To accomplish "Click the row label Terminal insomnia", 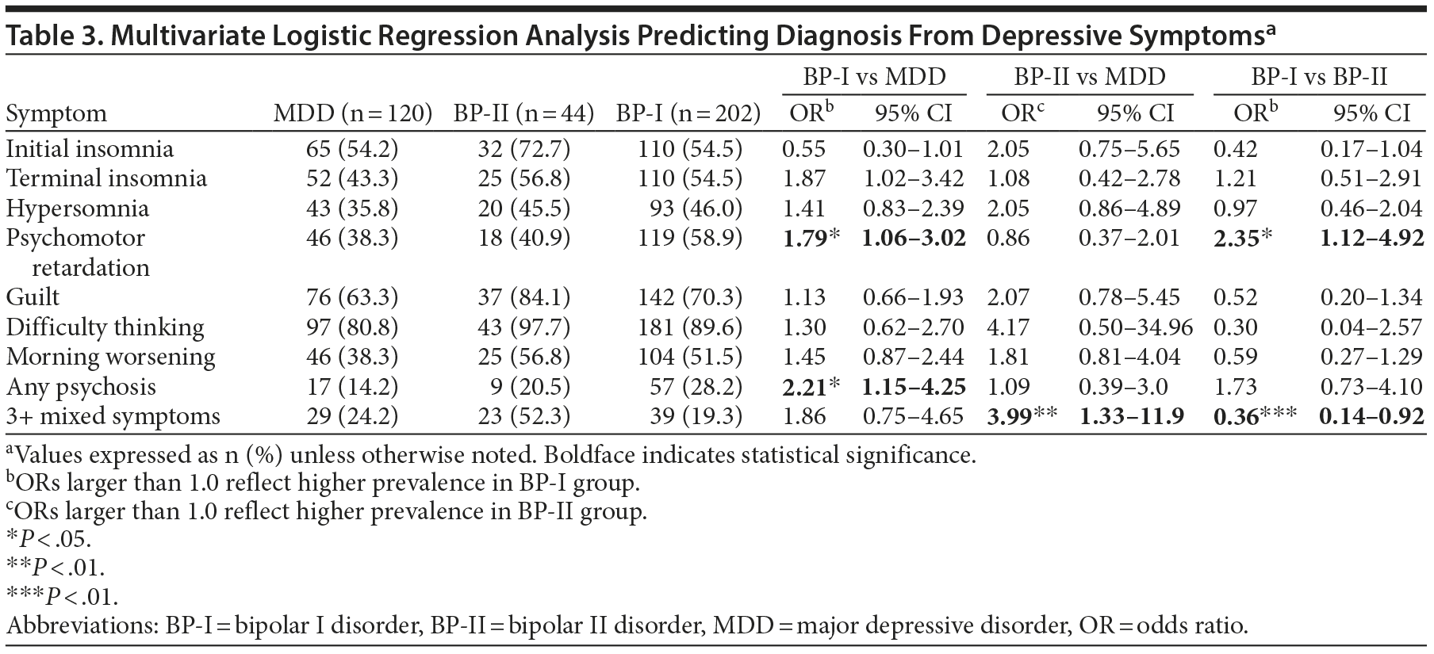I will click(x=106, y=178).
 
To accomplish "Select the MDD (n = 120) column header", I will click(x=352, y=113).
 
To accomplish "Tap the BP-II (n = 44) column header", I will click(x=523, y=113).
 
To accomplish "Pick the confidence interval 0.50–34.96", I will click(x=1136, y=327).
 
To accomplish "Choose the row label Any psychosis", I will click(x=81, y=387).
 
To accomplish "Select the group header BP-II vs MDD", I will click(x=1090, y=76).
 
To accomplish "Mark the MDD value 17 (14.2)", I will click(x=352, y=387).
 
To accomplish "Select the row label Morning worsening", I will click(x=110, y=357).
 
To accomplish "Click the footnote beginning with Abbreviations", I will click(x=627, y=625).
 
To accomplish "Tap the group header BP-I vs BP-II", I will click(x=1319, y=76).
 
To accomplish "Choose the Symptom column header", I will click(x=56, y=113).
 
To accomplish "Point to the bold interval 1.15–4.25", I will click(x=914, y=387).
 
